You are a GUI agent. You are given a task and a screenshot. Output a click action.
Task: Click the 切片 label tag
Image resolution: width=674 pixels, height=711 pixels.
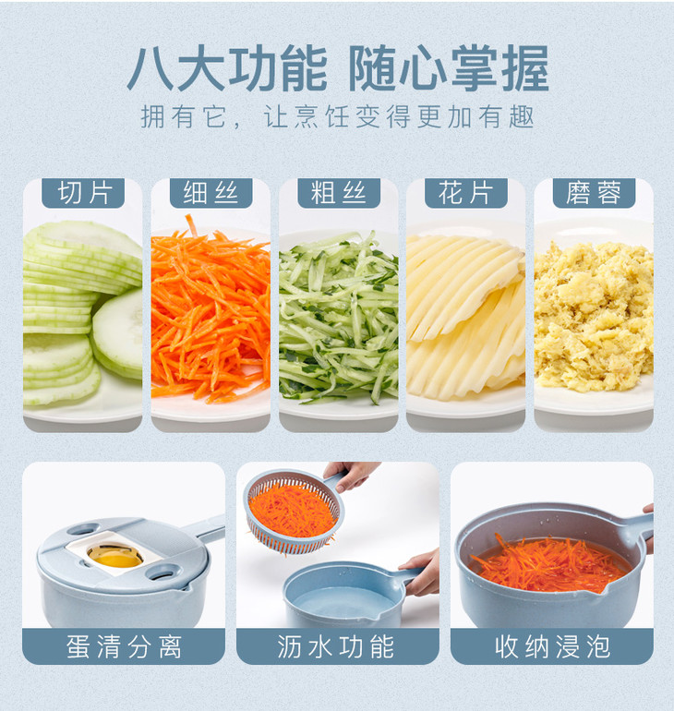(83, 193)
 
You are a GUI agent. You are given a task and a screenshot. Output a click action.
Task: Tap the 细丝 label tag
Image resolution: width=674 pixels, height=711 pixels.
(211, 193)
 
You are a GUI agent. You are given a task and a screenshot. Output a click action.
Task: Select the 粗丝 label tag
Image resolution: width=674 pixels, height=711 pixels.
(339, 193)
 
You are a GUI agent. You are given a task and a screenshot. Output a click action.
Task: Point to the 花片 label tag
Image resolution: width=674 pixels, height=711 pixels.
(466, 193)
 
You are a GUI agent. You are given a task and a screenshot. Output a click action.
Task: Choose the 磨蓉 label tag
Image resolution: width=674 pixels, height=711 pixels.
(594, 193)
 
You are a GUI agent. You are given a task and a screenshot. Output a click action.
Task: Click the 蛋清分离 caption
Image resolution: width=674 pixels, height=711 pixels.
(124, 646)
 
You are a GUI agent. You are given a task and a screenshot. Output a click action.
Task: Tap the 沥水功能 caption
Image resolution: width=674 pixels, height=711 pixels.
(336, 646)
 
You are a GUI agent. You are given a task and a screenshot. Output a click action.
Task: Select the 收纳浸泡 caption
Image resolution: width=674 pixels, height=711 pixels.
(552, 646)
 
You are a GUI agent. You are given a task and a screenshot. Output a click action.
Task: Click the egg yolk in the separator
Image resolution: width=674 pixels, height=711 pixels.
(116, 560)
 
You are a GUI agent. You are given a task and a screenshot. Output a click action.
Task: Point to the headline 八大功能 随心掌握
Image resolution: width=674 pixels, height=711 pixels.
(338, 68)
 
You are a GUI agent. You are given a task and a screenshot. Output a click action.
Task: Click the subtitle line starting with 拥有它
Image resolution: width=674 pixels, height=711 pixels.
(338, 117)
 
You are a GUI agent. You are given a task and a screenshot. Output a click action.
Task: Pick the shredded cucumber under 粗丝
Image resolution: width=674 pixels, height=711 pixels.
(339, 318)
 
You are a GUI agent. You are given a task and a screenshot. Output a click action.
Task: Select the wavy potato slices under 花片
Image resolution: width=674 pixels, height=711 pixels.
(466, 318)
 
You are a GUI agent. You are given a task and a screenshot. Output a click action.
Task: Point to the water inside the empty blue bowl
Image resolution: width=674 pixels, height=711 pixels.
(343, 601)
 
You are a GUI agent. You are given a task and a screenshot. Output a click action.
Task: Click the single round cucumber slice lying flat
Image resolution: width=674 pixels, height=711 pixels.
(119, 333)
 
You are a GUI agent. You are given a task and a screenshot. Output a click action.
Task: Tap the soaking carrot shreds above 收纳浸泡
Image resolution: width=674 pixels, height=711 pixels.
(550, 564)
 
